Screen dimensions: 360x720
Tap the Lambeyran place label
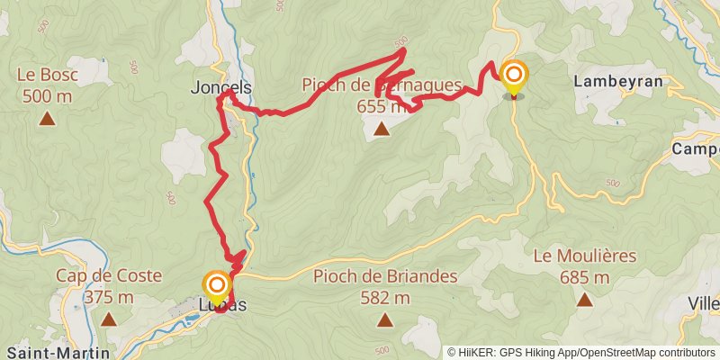point(617,80)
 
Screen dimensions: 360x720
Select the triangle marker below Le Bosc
point(47,117)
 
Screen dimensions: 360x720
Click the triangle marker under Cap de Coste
point(108,319)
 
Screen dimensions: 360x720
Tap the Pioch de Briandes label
point(385,276)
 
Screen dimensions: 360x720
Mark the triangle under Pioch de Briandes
point(385,319)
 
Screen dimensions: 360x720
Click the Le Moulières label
point(584,256)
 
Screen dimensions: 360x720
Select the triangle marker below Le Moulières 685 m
point(585,299)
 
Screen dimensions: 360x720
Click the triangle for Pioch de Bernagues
point(382,130)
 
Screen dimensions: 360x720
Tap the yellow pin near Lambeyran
point(515,77)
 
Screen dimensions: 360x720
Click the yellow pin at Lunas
point(217,287)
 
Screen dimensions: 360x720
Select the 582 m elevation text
point(385,298)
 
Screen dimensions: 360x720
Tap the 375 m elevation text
point(108,297)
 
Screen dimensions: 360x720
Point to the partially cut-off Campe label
point(698,148)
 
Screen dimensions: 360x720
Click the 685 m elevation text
point(585,277)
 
